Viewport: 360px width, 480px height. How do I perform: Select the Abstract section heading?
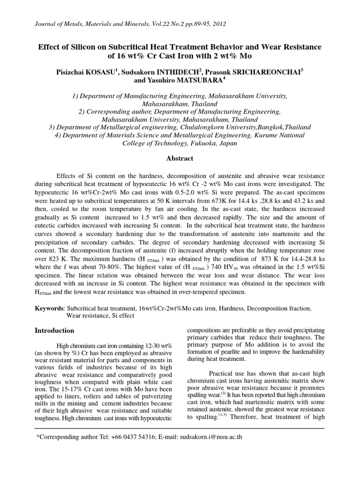(180, 158)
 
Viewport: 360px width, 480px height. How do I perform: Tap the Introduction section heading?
(55, 330)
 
